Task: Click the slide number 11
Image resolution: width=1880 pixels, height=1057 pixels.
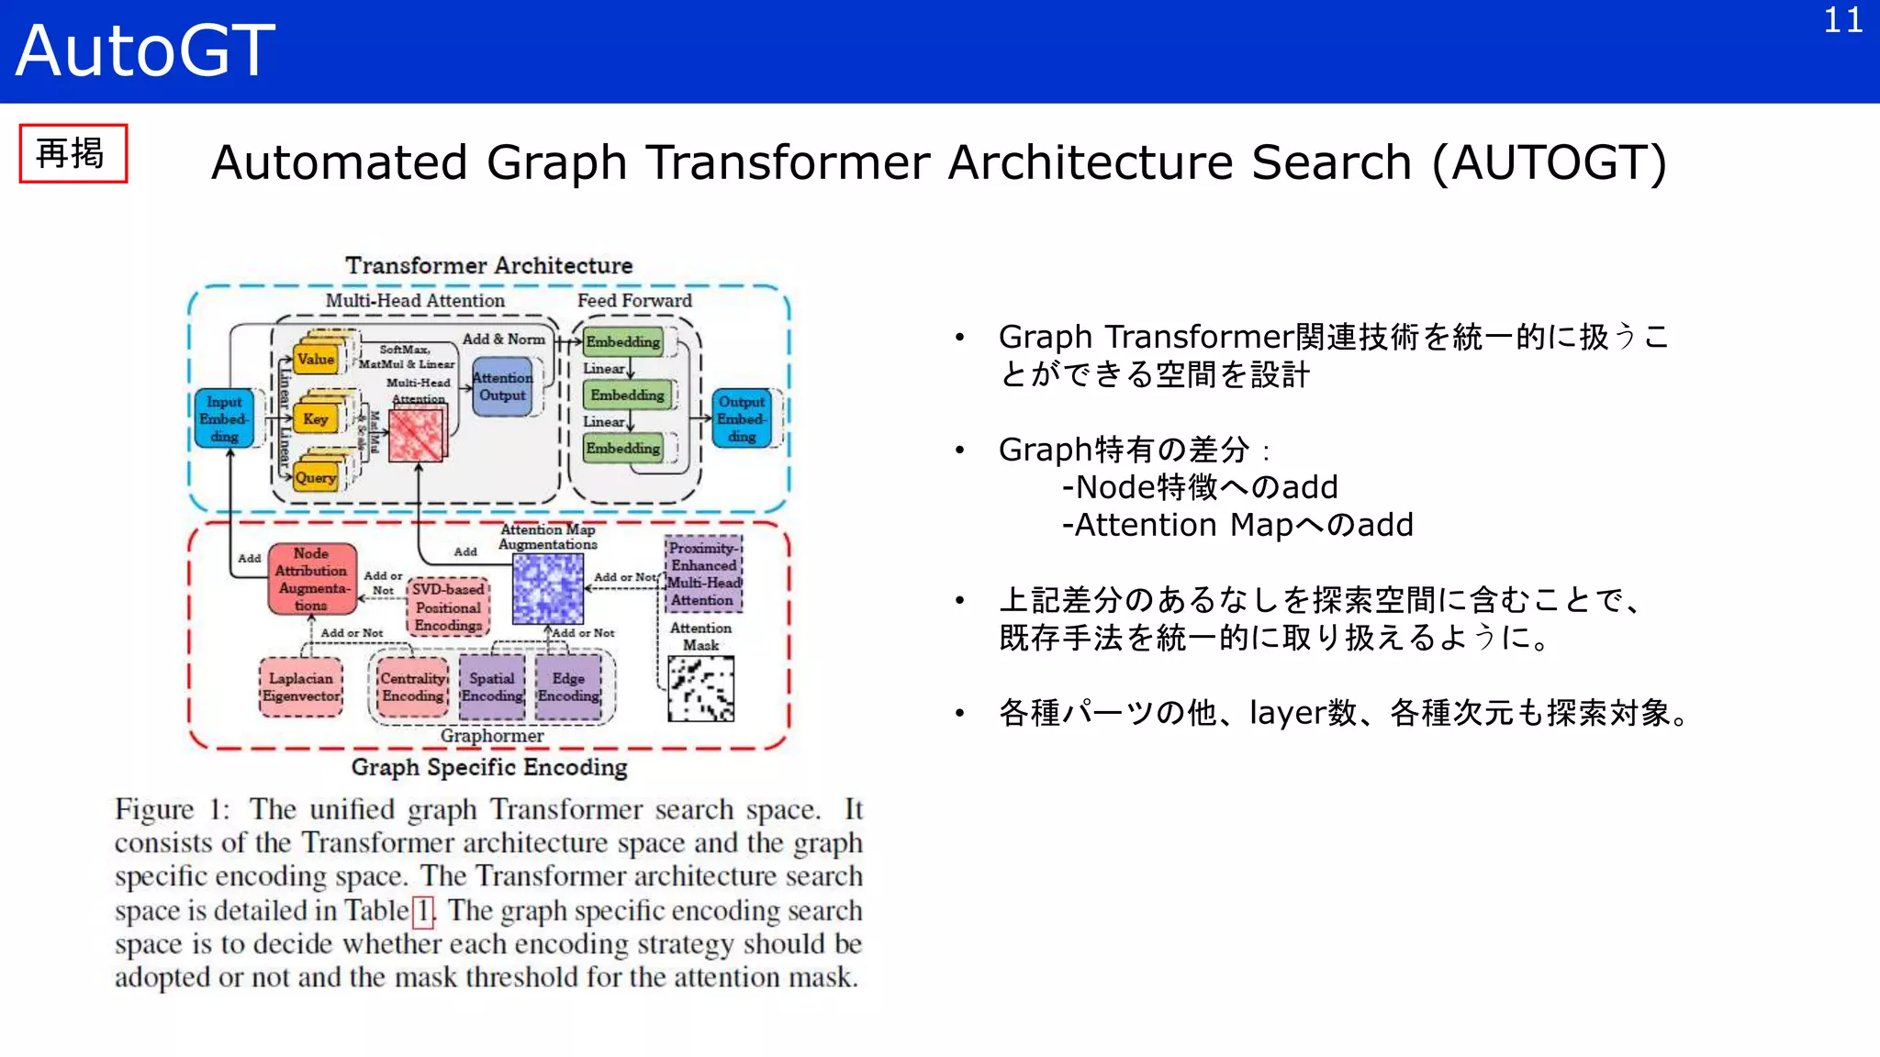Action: [1842, 21]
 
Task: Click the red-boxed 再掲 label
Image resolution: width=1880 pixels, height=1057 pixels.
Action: [73, 153]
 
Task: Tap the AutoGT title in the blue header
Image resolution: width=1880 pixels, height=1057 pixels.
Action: [145, 50]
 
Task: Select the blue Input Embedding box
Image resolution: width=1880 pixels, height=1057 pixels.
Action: [224, 418]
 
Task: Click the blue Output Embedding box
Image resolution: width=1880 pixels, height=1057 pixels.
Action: [742, 418]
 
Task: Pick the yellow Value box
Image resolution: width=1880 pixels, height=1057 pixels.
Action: [317, 360]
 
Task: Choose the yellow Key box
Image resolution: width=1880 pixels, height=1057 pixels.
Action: [317, 419]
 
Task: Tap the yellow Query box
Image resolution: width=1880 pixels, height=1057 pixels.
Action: [316, 477]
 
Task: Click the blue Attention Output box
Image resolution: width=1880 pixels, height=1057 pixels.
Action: [502, 387]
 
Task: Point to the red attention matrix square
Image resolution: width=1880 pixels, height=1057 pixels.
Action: [417, 435]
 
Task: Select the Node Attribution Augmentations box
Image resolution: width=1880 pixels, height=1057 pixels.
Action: [312, 579]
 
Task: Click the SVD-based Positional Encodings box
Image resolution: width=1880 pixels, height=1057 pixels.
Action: [449, 607]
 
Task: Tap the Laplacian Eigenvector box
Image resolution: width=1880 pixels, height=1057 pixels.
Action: [301, 687]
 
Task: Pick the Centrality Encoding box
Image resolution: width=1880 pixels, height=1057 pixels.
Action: [413, 687]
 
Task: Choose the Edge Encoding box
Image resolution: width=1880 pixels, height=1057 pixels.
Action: [568, 687]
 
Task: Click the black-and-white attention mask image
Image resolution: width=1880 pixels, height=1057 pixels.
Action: [700, 689]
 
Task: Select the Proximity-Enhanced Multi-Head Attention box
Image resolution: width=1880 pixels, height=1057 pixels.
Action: [703, 574]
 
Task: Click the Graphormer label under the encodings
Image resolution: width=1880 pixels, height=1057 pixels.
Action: [492, 736]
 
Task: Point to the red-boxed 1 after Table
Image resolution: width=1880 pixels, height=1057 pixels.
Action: [423, 911]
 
